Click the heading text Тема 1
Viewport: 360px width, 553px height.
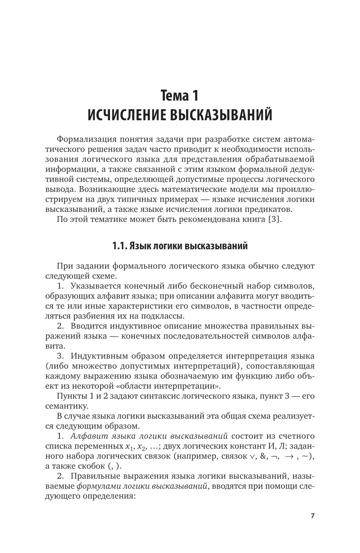tap(180, 96)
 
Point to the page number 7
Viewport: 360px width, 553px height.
tap(313, 516)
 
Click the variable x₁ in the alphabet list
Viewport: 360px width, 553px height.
tap(128, 447)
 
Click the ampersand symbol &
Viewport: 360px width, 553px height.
tap(264, 456)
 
